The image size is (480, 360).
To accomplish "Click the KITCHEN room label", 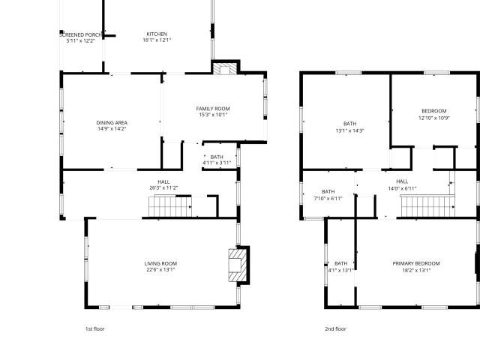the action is (157, 34).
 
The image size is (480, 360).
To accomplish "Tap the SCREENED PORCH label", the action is (80, 35).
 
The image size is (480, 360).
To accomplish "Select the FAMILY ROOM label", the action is (213, 109).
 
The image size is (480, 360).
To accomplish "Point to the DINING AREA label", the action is (112, 123).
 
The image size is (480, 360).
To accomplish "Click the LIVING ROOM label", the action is (160, 263).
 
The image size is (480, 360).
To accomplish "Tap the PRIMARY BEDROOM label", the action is (416, 263).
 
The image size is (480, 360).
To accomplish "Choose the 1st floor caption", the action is (95, 328).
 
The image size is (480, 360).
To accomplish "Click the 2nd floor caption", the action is (335, 328).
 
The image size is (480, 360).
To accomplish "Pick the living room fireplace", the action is (238, 265).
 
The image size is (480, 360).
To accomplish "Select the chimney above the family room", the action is (225, 68).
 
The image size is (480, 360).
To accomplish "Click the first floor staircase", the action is (170, 206).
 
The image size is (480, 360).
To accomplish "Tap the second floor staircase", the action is (427, 206).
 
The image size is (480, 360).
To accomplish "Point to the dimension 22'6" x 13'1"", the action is (160, 270).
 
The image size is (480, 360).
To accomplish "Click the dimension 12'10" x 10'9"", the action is (434, 118).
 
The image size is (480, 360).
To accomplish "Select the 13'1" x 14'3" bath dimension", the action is (350, 130).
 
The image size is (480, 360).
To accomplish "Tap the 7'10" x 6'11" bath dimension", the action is (328, 198).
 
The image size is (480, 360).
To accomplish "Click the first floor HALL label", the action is (163, 181).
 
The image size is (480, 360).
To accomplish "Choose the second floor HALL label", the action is (402, 181).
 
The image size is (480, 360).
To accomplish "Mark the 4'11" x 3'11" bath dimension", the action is (217, 163).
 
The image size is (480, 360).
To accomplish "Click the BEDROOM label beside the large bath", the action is (434, 111).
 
